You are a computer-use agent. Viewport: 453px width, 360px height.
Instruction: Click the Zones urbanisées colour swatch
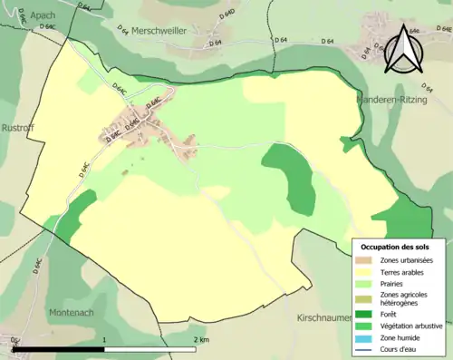[367, 261]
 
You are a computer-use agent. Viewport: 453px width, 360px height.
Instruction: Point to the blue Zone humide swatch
[367, 336]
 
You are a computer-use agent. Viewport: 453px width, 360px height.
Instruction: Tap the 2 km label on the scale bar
[202, 339]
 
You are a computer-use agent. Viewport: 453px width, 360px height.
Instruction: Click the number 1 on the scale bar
[105, 339]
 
